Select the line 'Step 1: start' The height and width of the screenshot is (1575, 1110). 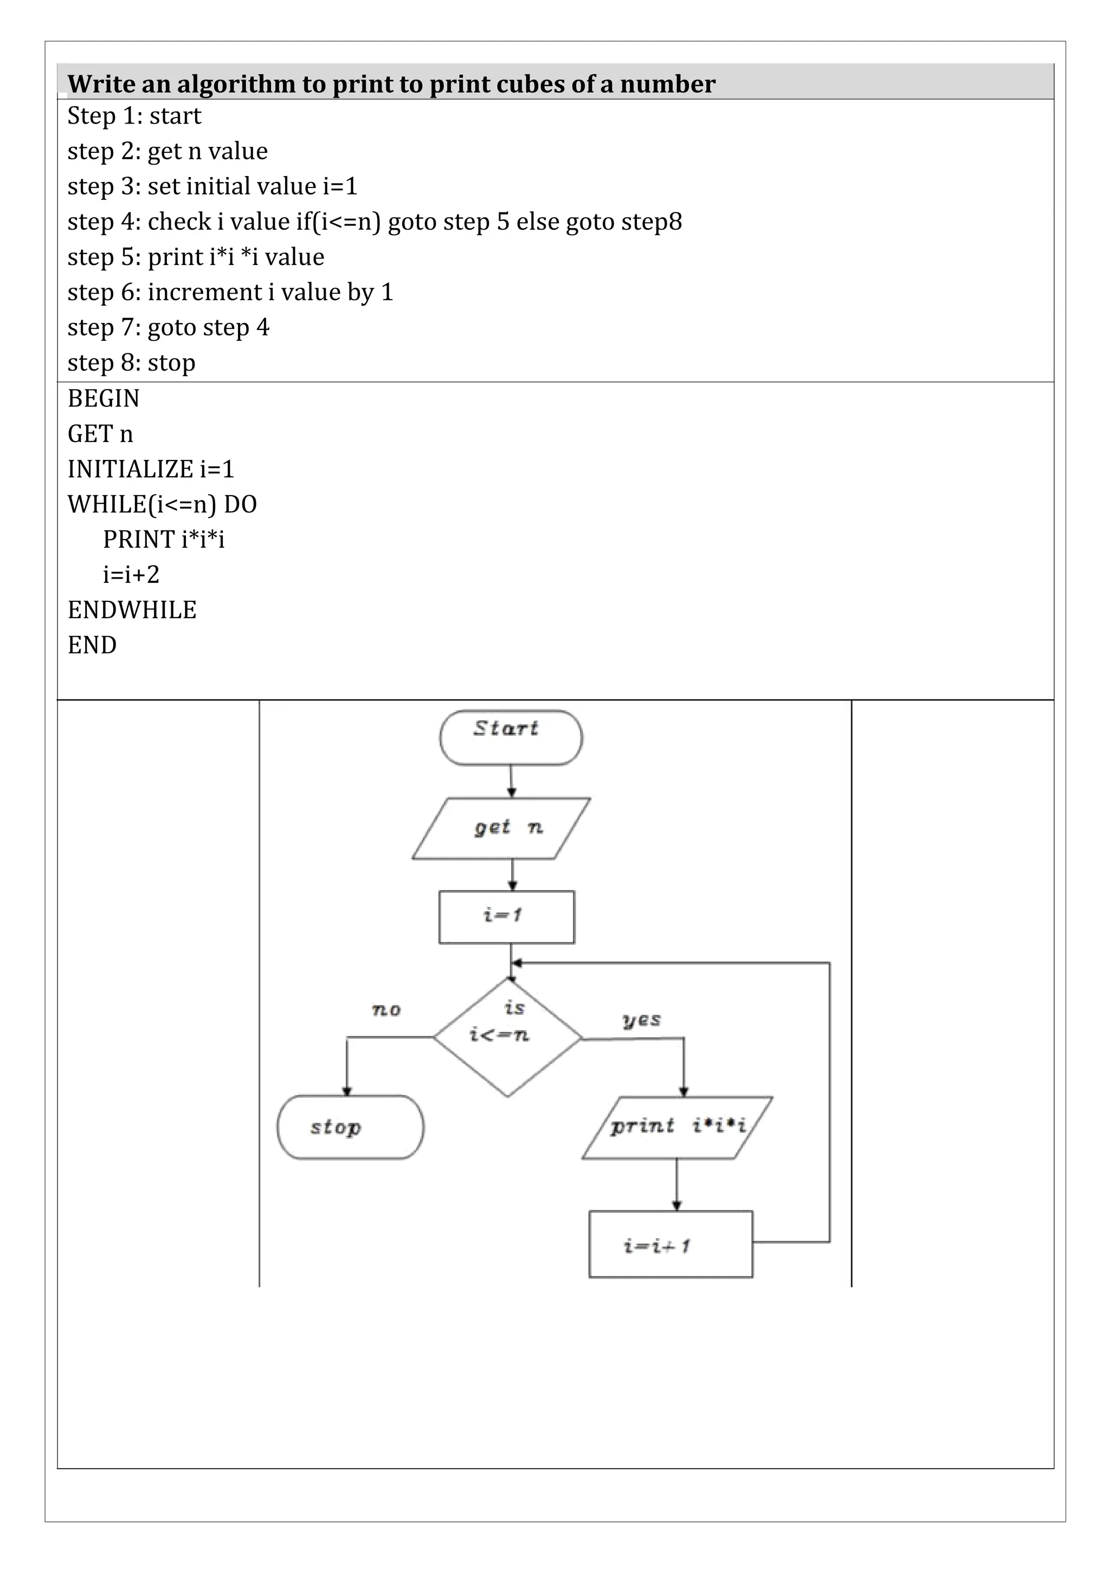(134, 116)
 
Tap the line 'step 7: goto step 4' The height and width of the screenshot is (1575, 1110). (168, 327)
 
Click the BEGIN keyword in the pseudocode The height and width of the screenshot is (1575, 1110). (104, 399)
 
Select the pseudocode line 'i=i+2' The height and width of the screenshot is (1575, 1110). (131, 574)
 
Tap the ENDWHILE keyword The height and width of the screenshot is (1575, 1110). (132, 610)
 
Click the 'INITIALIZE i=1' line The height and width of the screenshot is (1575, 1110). (151, 469)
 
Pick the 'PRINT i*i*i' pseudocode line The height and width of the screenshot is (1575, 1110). (163, 539)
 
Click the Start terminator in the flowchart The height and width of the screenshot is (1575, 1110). (511, 737)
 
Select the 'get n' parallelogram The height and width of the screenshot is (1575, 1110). (501, 828)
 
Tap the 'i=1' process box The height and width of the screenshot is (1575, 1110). (506, 917)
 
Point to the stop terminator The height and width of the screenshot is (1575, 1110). (350, 1127)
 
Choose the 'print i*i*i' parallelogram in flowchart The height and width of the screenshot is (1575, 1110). (677, 1127)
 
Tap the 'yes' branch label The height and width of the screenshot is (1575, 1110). (641, 1020)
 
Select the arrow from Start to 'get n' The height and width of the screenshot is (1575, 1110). (511, 781)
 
